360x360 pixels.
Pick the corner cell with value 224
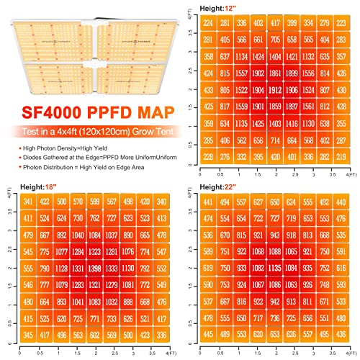tap(209, 22)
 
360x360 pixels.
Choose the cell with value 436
tap(344, 336)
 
